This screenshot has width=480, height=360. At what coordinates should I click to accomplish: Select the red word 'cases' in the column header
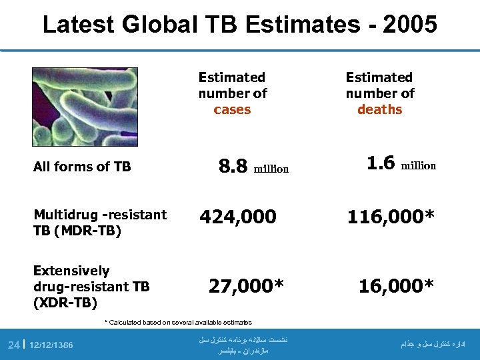[x=232, y=110]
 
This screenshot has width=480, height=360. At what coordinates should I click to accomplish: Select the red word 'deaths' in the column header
[x=379, y=110]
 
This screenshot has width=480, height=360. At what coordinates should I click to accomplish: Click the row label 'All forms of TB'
[x=82, y=167]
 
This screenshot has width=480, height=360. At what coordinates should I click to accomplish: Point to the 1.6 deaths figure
[x=381, y=163]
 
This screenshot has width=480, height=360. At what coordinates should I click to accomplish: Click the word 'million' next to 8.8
[x=271, y=169]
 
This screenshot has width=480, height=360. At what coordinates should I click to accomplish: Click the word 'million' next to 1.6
[x=418, y=166]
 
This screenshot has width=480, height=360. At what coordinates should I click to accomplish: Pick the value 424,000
[x=239, y=217]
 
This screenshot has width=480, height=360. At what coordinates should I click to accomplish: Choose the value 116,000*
[x=391, y=217]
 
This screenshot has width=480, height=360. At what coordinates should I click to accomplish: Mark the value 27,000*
[x=246, y=286]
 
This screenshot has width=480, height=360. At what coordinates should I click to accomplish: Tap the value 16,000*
[x=396, y=286]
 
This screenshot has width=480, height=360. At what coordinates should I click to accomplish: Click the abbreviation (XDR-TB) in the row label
[x=65, y=303]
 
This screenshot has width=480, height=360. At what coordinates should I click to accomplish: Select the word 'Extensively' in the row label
[x=71, y=271]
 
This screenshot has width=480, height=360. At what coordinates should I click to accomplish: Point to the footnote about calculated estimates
[x=179, y=323]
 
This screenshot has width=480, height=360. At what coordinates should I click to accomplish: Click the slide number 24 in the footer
[x=13, y=345]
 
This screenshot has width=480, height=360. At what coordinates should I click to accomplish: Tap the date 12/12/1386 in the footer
[x=51, y=345]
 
